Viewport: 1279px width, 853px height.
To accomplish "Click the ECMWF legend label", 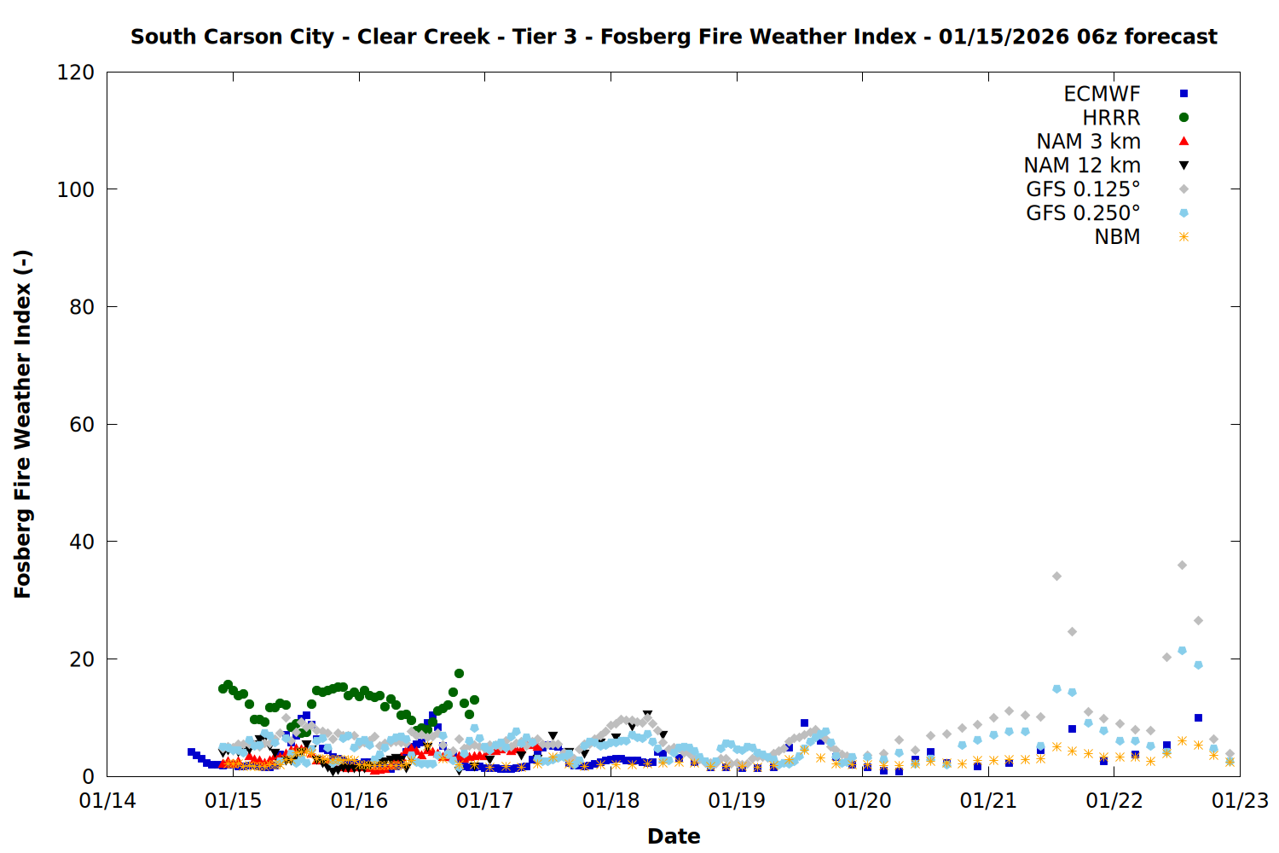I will [1101, 94].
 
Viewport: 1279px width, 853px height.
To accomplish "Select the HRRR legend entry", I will [1111, 118].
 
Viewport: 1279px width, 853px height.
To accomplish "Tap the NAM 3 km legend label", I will [1088, 142].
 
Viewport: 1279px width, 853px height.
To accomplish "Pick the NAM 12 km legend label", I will [1082, 165].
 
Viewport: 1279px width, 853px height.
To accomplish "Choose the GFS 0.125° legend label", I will [1083, 189].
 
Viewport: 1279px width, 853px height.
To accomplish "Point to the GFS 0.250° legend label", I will [1083, 213].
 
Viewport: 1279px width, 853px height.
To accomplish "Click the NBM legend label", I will [1117, 237].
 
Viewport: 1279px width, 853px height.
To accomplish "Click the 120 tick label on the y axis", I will [76, 73].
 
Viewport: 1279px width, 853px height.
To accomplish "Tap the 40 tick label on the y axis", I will [82, 542].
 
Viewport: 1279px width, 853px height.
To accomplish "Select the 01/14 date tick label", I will [107, 801].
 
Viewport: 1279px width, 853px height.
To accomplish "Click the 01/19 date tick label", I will [737, 801].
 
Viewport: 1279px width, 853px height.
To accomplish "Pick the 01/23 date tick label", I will [1240, 801].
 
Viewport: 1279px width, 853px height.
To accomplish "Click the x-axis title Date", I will [674, 836].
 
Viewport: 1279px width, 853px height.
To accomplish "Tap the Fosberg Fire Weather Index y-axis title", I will [23, 424].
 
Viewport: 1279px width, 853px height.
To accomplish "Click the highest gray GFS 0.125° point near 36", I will [1182, 566].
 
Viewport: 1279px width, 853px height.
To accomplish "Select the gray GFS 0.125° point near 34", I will [1056, 577].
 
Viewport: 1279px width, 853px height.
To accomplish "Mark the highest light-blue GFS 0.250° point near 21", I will [1182, 651].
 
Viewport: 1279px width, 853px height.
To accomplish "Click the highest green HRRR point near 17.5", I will [459, 674].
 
